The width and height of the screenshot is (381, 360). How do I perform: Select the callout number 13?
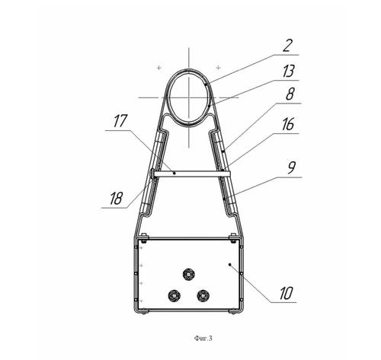289,71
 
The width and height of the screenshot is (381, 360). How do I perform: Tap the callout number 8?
290,94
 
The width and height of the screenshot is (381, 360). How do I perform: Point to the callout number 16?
288,124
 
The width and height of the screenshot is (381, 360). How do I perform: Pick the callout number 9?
292,167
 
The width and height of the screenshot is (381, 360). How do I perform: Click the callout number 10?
287,293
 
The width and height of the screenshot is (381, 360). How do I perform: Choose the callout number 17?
120,121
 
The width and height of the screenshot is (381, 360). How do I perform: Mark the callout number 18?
116,198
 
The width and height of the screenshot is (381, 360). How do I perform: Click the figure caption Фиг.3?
203,338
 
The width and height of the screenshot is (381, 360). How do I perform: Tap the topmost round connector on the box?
188,274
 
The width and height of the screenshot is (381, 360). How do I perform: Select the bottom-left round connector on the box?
174,295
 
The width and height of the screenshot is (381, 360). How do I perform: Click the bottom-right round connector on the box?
203,295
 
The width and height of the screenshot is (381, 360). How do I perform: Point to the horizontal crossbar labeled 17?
190,174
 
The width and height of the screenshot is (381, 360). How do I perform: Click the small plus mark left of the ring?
159,68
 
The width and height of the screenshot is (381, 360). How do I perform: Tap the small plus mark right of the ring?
219,68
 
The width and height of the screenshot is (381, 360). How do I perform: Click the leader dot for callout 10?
230,265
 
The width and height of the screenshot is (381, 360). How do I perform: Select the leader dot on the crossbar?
174,173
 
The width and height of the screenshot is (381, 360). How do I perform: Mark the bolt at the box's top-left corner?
144,237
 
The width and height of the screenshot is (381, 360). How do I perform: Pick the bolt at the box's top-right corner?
232,237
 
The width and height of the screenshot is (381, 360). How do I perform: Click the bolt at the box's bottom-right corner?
232,312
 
